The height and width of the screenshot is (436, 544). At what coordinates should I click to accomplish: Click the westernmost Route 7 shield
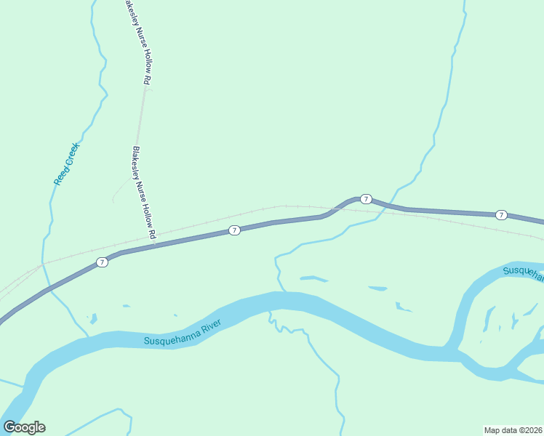coord(103,262)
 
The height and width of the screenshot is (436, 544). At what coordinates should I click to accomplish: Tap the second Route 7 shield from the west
coord(234,230)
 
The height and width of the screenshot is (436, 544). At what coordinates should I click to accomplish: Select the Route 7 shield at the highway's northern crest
coord(366,198)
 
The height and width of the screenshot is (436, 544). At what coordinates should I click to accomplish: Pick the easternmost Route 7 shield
coord(501,214)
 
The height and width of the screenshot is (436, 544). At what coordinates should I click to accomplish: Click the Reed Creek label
coord(66,163)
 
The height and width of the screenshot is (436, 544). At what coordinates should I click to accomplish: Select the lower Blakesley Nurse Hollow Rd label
coord(144,193)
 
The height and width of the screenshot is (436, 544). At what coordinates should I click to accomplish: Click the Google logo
coord(24,427)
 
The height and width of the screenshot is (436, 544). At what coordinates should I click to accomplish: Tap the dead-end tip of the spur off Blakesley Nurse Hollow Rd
coord(113,201)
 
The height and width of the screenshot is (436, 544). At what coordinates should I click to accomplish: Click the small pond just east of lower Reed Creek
coord(92,318)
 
